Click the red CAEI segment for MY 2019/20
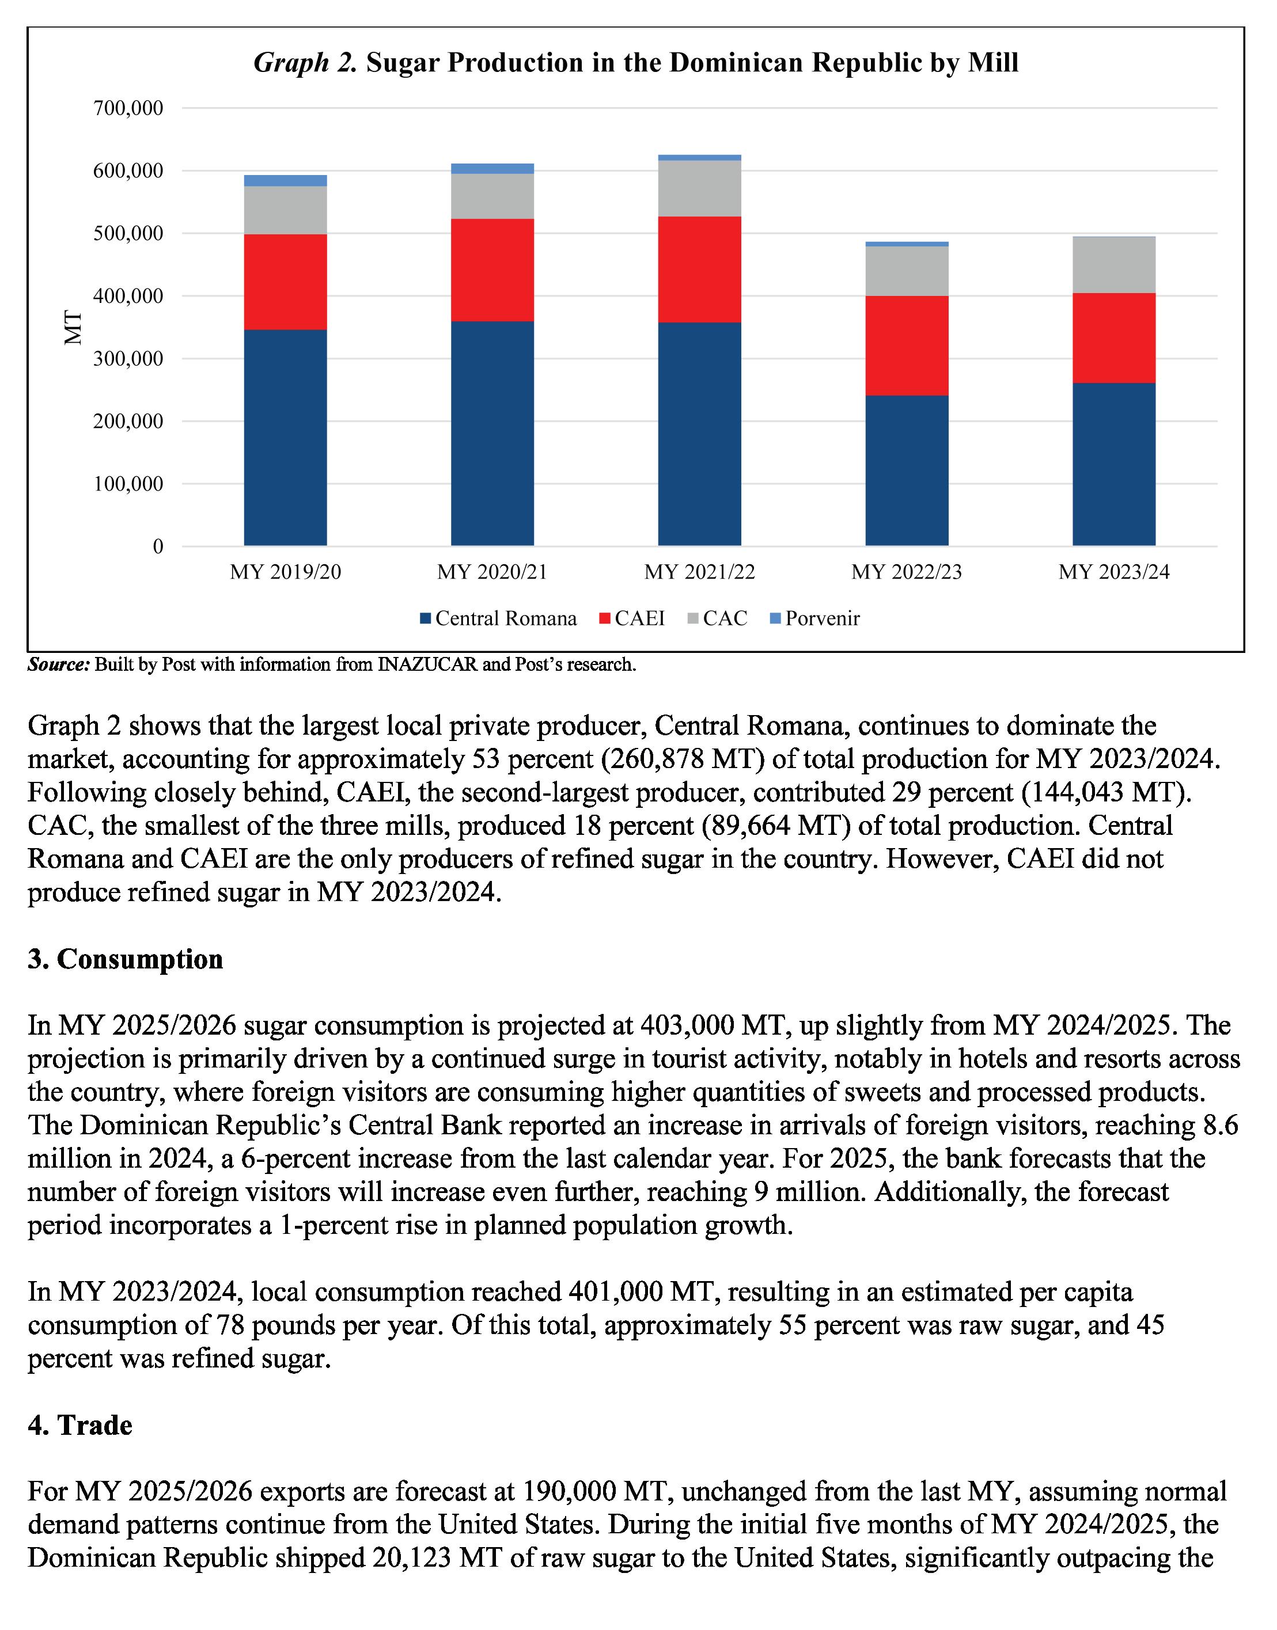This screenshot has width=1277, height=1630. point(285,282)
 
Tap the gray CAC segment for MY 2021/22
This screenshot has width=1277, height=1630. point(699,188)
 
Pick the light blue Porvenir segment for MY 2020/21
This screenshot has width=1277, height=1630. point(492,168)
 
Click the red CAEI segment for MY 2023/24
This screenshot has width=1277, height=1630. point(1113,338)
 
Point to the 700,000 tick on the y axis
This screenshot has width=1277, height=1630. point(128,108)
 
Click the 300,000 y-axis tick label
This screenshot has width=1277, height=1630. point(128,359)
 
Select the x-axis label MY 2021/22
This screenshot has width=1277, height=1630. point(699,572)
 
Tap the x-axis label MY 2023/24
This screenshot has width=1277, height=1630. point(1113,572)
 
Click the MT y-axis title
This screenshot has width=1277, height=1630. point(73,328)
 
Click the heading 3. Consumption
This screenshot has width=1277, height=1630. point(125,959)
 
